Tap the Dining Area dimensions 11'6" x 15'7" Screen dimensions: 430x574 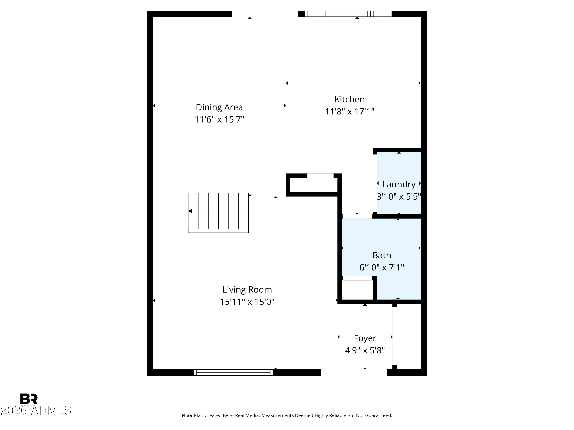219,119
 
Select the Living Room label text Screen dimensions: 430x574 247,290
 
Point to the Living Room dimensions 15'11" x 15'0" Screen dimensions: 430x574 247,302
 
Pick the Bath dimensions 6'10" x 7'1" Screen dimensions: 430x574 382,267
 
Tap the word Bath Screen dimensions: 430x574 382,255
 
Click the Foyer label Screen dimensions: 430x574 365,338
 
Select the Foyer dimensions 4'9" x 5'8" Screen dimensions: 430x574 365,350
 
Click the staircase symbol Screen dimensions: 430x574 218,213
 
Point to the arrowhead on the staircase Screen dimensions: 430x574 190,211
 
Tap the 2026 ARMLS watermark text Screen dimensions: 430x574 36,411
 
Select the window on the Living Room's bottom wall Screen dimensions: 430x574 233,372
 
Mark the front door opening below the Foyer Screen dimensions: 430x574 354,372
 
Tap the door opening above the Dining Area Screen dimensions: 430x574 264,14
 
